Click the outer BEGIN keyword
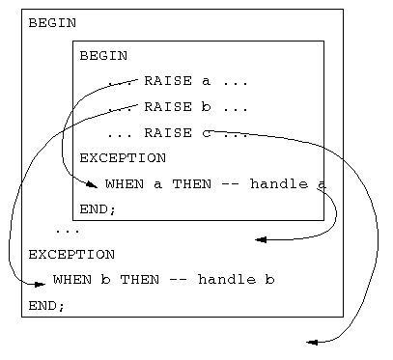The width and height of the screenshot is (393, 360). tap(53, 22)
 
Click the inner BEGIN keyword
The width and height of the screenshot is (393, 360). tap(103, 55)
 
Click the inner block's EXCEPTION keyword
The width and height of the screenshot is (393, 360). tap(123, 158)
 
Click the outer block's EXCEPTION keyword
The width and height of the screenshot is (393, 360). tap(71, 255)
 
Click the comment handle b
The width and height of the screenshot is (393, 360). tap(237, 280)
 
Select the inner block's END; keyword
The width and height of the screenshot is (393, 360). tap(98, 208)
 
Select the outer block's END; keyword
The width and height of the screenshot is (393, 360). tap(46, 305)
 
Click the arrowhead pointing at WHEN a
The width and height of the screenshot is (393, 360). tap(91, 184)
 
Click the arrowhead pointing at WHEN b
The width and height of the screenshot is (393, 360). tap(40, 284)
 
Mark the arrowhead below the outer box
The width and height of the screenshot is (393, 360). tap(312, 342)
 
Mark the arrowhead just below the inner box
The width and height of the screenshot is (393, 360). tap(261, 239)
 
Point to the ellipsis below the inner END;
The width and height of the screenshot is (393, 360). tap(67, 232)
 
